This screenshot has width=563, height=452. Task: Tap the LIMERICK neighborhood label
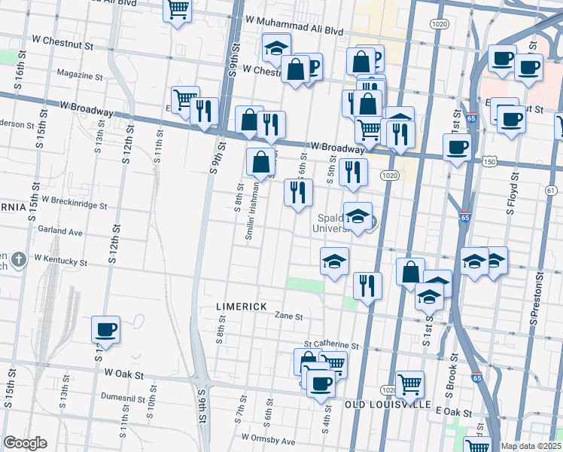241,307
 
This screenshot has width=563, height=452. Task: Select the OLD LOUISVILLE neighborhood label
388,405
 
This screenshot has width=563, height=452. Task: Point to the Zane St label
288,317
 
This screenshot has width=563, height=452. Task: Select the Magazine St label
79,75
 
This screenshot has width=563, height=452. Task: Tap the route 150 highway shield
489,162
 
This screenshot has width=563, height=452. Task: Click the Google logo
25,443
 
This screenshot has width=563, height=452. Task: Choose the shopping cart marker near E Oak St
409,384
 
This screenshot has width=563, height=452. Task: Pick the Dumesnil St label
101,394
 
